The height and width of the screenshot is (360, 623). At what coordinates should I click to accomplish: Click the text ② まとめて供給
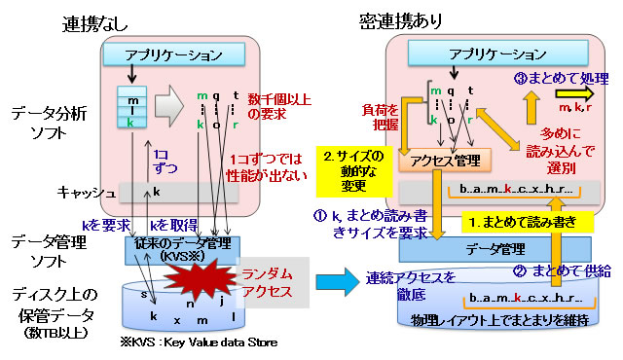click(561, 268)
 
